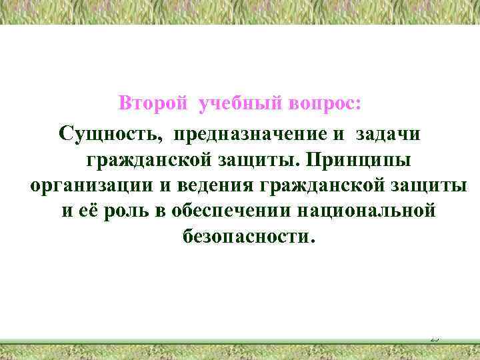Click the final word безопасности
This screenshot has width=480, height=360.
tap(246, 237)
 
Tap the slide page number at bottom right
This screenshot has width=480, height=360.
tap(434, 339)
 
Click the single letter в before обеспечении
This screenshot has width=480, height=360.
tap(160, 211)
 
